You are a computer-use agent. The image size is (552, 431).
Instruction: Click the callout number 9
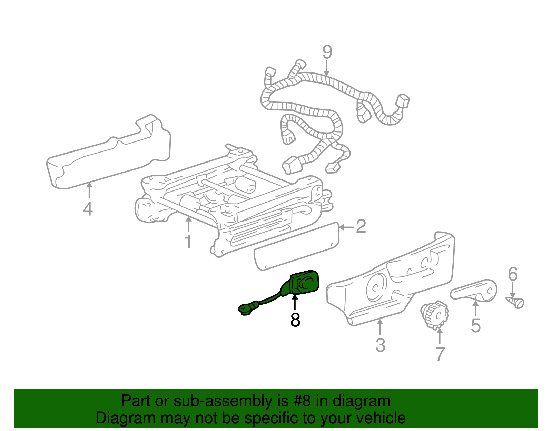point(327,52)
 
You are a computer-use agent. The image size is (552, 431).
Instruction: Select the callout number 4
point(88,209)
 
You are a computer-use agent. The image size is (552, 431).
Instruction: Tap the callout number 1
point(188,242)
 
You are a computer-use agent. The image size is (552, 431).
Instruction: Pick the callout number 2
point(361,226)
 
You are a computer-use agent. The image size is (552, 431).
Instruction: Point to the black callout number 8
point(295,320)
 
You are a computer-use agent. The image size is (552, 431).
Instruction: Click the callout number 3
point(380,345)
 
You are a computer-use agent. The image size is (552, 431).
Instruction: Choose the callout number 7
point(440,353)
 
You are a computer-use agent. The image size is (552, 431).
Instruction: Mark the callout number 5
point(475,325)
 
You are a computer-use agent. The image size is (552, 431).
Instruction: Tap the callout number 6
point(513,274)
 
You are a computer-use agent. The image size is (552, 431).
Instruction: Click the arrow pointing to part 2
point(346,227)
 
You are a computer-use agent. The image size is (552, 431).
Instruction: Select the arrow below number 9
point(327,68)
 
